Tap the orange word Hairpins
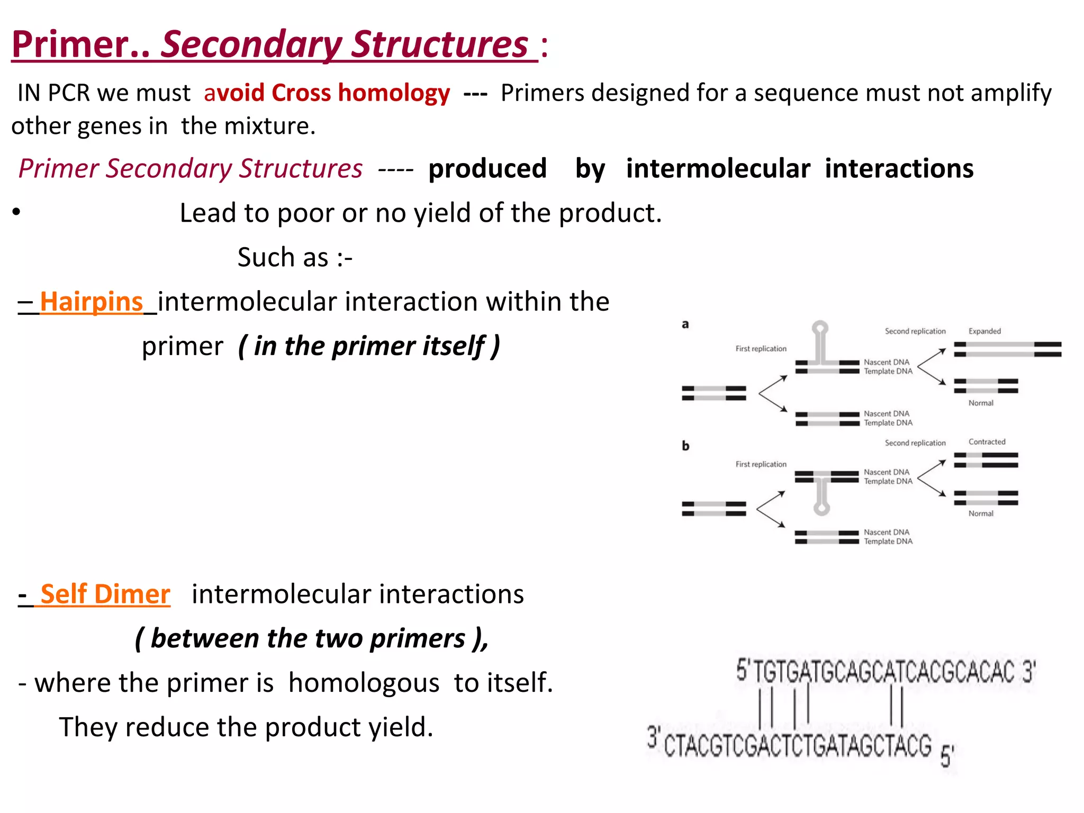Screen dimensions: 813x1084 91,302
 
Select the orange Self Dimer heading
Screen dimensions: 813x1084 105,594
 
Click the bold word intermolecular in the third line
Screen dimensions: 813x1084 718,169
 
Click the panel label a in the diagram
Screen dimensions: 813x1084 685,324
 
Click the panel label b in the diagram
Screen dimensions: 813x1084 685,446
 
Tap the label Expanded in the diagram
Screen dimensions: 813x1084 984,331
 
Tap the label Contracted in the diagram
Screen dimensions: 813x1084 987,442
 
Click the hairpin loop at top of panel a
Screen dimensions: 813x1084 820,328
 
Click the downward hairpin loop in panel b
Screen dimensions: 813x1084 821,509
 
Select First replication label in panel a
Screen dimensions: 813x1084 761,349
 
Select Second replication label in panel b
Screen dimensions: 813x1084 915,443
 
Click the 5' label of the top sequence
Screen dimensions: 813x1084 742,670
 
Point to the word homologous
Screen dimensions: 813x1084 364,683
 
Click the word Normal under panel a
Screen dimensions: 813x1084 980,403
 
